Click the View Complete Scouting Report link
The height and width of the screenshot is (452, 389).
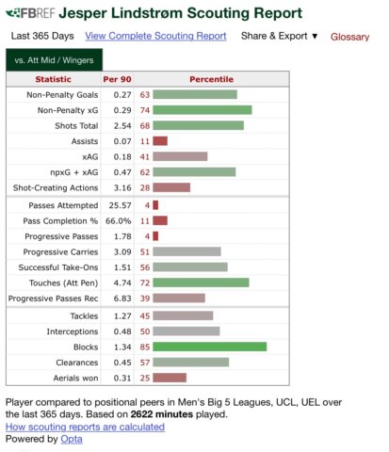(155, 36)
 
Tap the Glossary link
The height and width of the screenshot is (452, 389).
(349, 37)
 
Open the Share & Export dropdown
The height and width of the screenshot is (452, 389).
(280, 36)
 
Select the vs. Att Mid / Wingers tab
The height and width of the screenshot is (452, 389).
(54, 60)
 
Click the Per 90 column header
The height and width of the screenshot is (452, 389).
(117, 79)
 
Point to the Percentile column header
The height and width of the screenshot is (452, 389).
(211, 79)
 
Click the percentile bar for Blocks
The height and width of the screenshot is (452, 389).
(210, 347)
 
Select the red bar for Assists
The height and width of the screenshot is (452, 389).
(160, 141)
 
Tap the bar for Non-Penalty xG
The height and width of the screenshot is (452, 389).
(203, 110)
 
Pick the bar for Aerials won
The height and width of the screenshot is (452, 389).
(170, 378)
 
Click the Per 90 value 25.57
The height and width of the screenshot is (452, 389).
(120, 205)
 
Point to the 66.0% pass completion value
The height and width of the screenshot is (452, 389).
(118, 220)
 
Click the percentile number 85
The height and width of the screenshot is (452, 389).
(145, 347)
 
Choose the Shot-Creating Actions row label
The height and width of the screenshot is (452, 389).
(56, 187)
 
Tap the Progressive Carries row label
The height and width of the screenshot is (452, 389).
(60, 251)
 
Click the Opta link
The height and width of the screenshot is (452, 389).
(72, 439)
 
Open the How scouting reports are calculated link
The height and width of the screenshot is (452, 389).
(85, 427)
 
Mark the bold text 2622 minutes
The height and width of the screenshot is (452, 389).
(162, 414)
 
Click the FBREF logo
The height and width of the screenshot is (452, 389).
(30, 13)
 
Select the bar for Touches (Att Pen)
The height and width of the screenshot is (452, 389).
(201, 282)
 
